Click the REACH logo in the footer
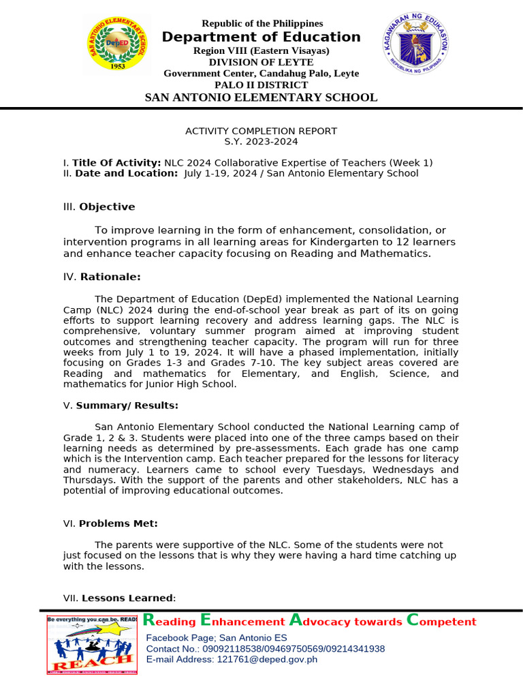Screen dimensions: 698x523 click(x=92, y=644)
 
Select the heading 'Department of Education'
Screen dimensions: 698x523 click(x=261, y=37)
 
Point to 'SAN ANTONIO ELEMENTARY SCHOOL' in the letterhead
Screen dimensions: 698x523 click(x=261, y=97)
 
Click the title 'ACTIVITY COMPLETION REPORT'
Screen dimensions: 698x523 click(x=261, y=131)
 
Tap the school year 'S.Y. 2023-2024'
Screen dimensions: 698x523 click(x=261, y=142)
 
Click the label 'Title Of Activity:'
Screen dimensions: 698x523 click(x=116, y=162)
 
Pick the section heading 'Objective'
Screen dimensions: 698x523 click(x=107, y=207)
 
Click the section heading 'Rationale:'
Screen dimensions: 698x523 click(x=110, y=277)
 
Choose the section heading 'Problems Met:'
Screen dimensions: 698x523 click(x=118, y=523)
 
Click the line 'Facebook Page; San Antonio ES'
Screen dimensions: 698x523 click(x=217, y=637)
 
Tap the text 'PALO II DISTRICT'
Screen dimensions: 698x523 click(x=261, y=85)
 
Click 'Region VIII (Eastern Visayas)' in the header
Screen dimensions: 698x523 click(x=261, y=51)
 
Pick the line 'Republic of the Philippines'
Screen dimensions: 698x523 click(x=262, y=23)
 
